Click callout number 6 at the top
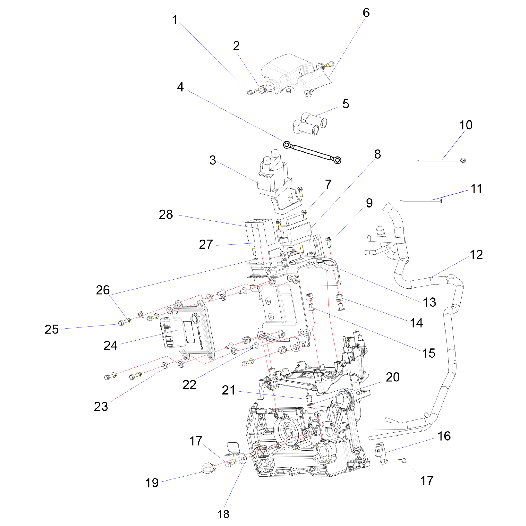click(x=366, y=13)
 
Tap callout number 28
click(x=166, y=215)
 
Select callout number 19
click(x=152, y=483)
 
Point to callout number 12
click(x=476, y=255)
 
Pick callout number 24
click(x=110, y=346)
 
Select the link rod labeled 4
click(x=312, y=153)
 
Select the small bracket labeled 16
click(x=381, y=454)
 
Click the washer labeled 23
click(x=165, y=365)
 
